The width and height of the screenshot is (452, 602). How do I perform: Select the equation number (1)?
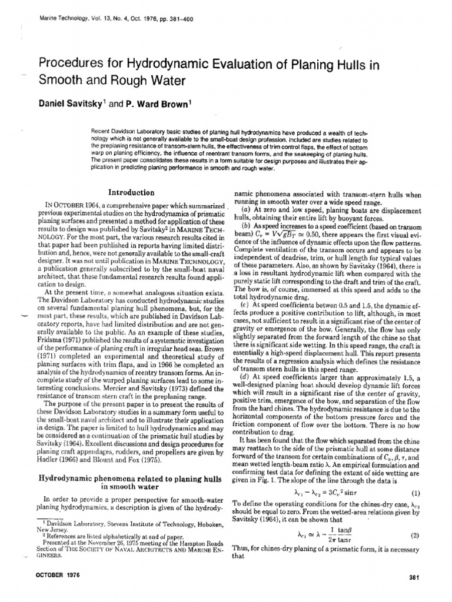[x=413, y=493]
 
